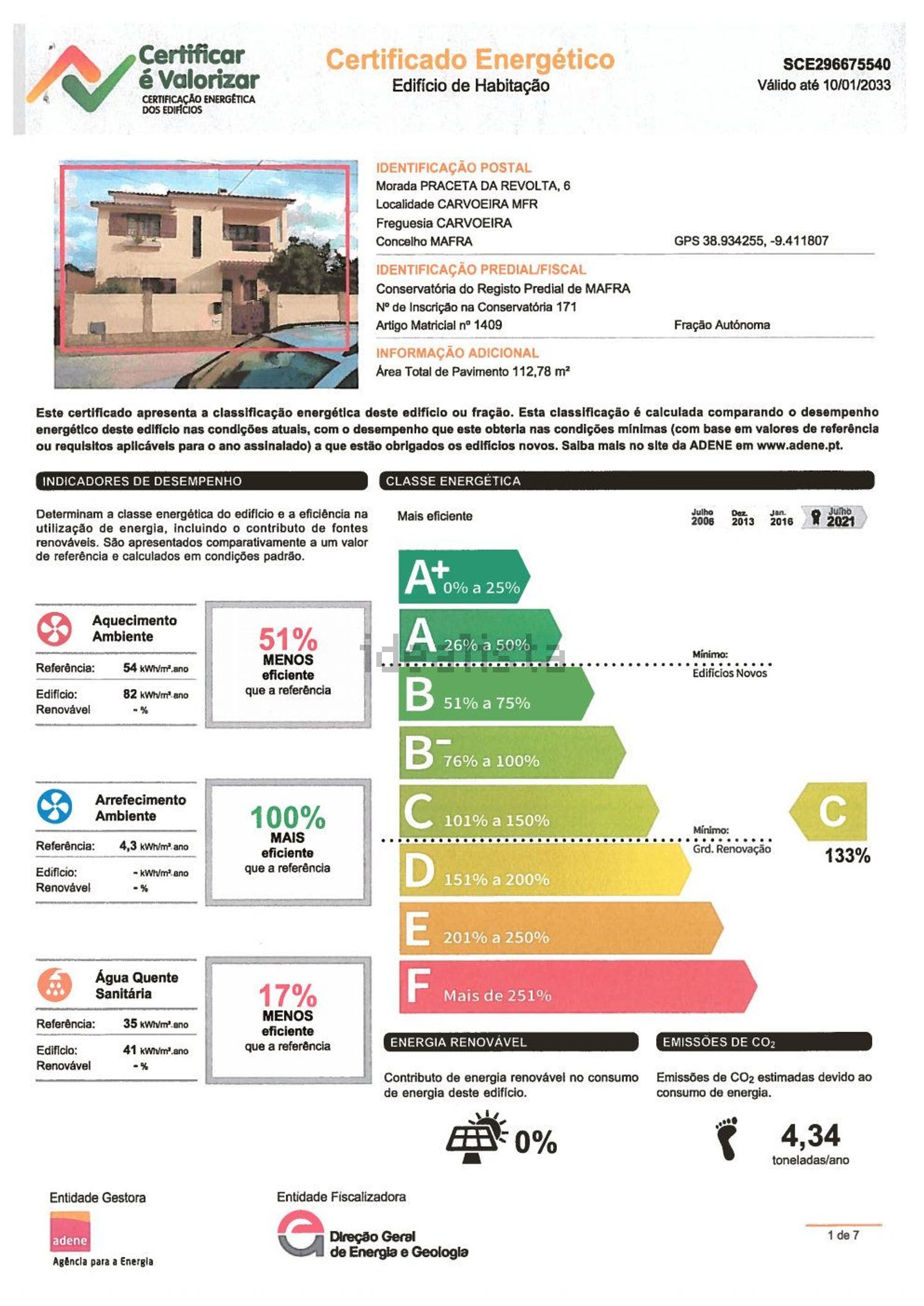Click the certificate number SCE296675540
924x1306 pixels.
(836, 65)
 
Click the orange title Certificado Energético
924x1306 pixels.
(470, 60)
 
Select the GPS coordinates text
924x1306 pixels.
(751, 241)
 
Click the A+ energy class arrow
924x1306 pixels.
(462, 577)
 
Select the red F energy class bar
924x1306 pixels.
(576, 987)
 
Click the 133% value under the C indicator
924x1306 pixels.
(847, 855)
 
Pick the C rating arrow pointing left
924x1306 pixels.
(830, 811)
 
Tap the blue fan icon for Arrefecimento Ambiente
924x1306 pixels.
(54, 807)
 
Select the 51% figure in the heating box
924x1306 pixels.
(288, 639)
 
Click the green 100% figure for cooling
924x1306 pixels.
(288, 818)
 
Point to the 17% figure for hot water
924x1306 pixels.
(288, 995)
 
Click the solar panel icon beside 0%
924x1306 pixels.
(476, 1137)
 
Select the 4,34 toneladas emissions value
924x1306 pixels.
(810, 1135)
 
